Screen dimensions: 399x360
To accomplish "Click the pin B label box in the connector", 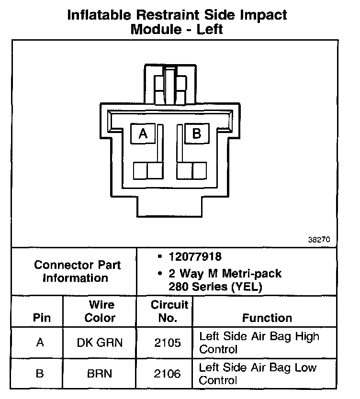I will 196,134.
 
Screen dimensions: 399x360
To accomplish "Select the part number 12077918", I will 195,257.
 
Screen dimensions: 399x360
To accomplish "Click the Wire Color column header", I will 101,311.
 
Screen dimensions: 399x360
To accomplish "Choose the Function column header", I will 267,318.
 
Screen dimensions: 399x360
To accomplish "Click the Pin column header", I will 41,318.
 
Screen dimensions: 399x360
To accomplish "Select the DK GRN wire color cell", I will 100,343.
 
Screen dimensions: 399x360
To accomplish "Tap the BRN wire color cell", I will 100,373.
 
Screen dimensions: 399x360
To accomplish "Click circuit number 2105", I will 168,343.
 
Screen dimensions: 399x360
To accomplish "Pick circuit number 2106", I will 168,373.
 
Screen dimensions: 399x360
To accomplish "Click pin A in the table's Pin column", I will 40,343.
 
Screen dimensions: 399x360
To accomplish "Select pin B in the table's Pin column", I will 40,373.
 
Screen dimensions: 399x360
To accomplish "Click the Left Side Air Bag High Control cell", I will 259,343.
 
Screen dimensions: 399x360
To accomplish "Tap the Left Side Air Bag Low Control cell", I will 258,374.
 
